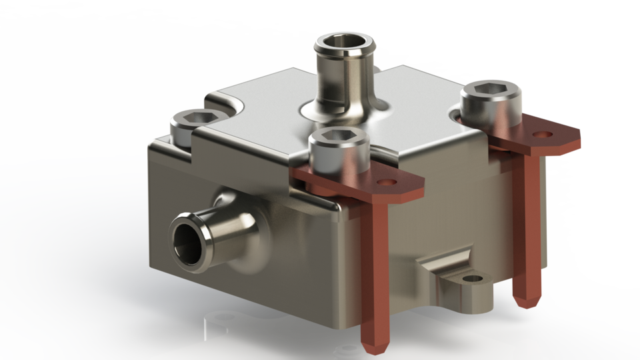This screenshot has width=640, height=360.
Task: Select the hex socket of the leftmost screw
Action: pyautogui.click(x=192, y=119)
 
